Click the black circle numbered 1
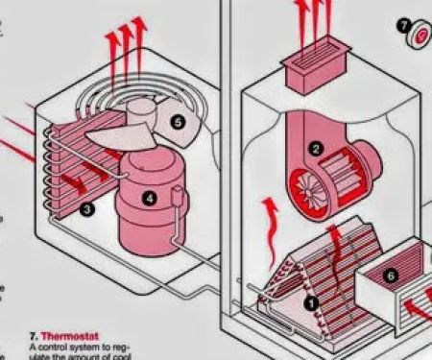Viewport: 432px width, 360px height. pos(309,300)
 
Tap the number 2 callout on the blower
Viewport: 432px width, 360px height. pos(316,150)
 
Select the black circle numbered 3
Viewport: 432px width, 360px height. pos(87,207)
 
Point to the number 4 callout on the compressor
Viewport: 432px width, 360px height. pos(149,199)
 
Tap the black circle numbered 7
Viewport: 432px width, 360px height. pos(404,25)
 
